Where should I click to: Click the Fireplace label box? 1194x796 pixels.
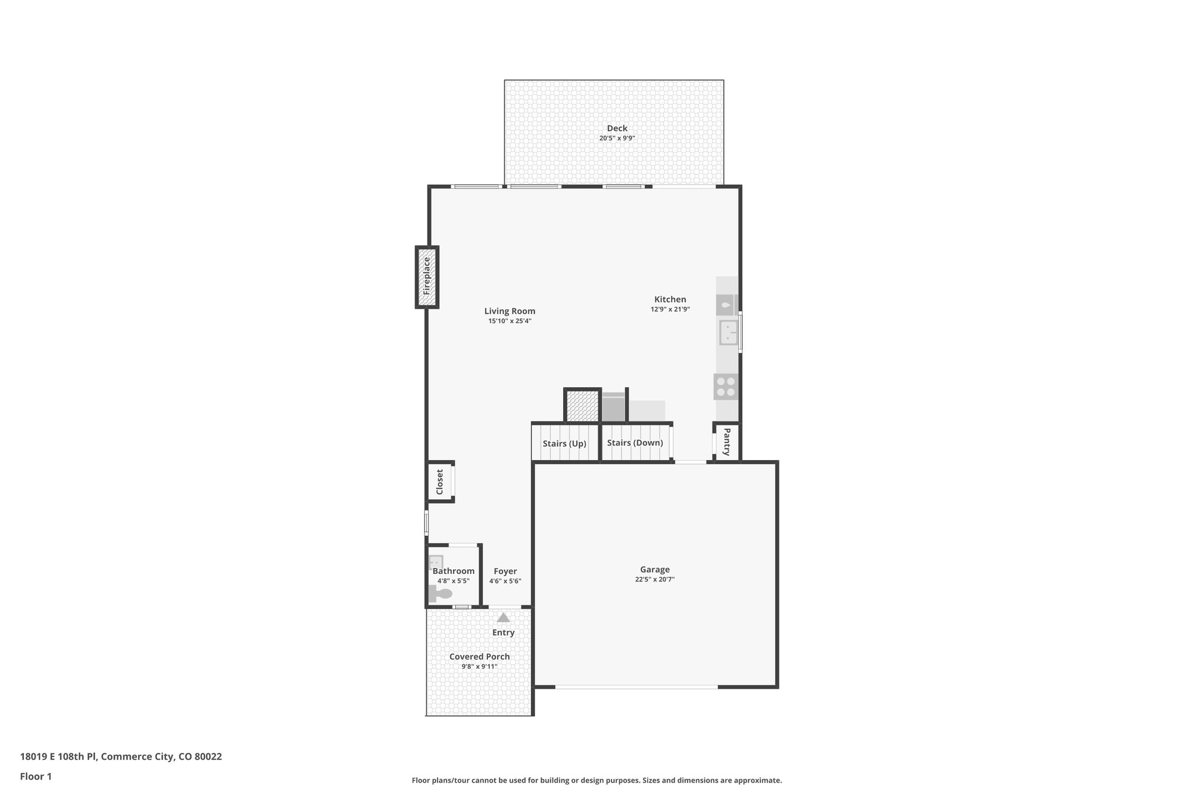coord(427,277)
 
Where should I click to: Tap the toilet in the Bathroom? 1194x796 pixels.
coord(441,594)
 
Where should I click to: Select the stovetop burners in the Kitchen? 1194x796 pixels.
coord(726,387)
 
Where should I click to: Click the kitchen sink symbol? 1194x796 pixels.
coord(728,332)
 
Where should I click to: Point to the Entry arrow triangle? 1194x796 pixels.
coord(503,618)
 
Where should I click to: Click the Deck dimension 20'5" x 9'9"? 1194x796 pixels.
coord(617,138)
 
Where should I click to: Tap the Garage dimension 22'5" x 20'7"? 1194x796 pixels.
coord(655,579)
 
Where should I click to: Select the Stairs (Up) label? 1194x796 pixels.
coord(564,443)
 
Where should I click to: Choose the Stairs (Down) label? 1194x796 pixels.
coord(635,443)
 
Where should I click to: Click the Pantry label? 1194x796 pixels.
coord(727,441)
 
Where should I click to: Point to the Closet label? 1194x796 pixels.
coord(440,482)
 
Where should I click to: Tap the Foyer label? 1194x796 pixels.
coord(505,571)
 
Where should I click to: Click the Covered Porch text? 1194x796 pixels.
coord(479,657)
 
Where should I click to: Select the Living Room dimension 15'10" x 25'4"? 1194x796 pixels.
coord(510,321)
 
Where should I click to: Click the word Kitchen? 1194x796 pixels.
coord(670,299)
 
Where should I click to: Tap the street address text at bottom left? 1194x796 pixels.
coord(121,757)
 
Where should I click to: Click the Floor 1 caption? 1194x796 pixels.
coord(36,777)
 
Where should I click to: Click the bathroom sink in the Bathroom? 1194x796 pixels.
coord(436,562)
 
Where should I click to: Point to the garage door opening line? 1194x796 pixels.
coord(636,687)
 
